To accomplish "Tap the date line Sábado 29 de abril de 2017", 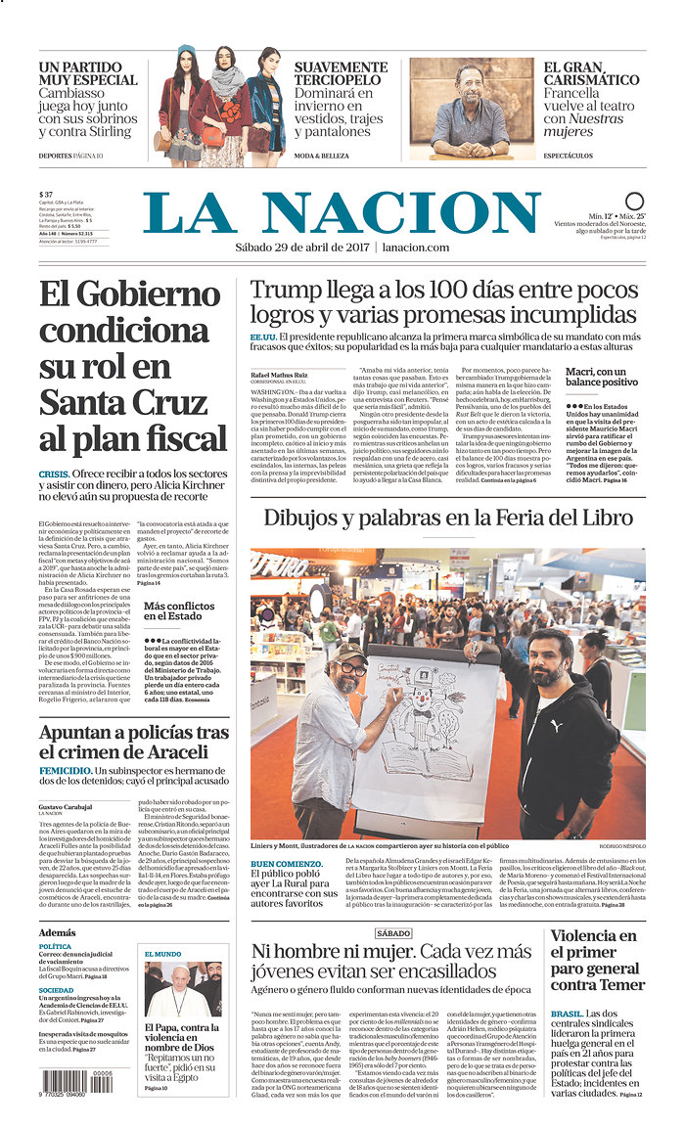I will pos(302,248).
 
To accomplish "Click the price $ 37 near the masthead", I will pos(46,194).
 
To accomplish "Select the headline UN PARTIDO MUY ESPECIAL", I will pos(88,73).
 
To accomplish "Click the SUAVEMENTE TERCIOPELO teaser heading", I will pos(341,73).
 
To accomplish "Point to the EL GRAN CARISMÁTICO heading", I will pos(591,73).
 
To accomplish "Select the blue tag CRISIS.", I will pos(54,473).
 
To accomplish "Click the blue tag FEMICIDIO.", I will pos(66,771).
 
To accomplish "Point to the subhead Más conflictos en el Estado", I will pos(178,611).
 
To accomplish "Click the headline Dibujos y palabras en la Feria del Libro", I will pos(446,519).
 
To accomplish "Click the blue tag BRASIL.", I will pos(567,1014).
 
